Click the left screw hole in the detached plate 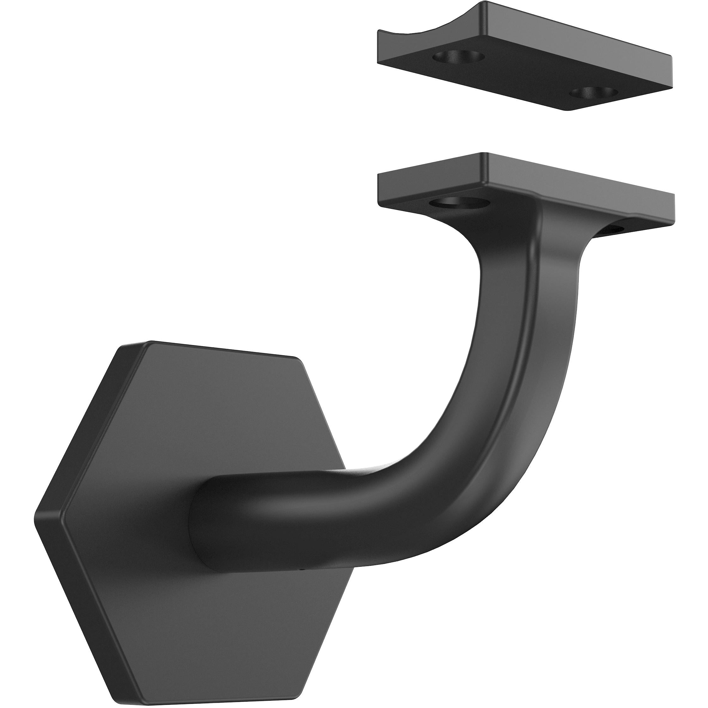click(458, 57)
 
